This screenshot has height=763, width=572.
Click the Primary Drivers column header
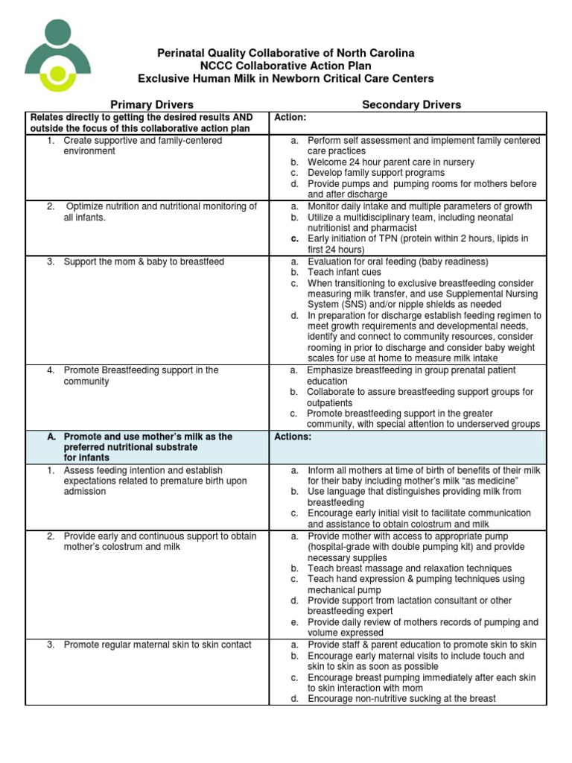[x=152, y=104]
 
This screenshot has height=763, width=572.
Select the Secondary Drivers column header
[x=411, y=104]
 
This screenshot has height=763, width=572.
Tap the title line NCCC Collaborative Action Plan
[x=285, y=66]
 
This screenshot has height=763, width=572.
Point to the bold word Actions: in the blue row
[x=293, y=437]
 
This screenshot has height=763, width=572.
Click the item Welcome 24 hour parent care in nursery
[x=390, y=162]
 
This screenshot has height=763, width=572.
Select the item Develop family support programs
[x=376, y=173]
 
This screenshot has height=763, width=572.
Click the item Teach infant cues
[x=344, y=272]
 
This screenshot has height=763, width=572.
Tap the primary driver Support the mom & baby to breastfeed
[x=144, y=262]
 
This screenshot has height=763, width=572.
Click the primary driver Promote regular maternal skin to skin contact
[x=157, y=645]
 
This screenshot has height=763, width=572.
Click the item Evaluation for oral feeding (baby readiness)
[x=398, y=262]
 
